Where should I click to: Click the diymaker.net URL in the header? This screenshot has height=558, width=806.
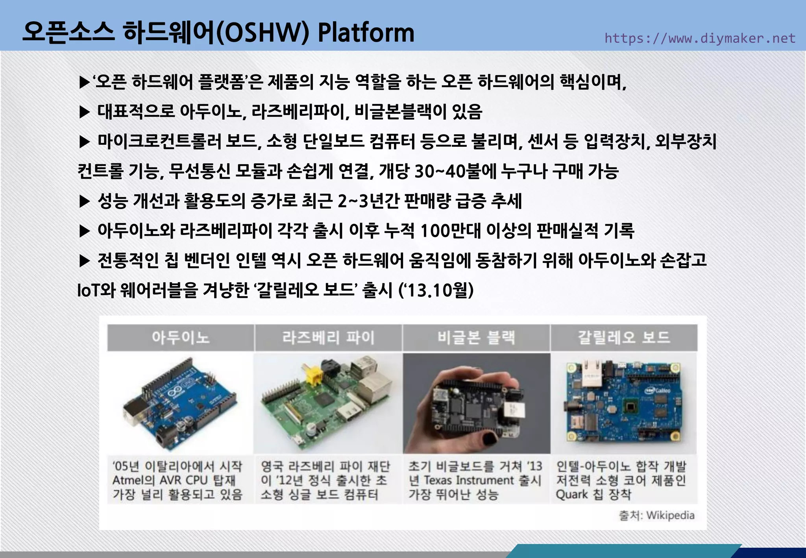(x=700, y=38)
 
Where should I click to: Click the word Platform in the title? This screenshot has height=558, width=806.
(x=366, y=33)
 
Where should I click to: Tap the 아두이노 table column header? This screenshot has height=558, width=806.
(x=181, y=337)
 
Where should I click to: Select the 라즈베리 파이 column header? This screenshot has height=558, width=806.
(x=328, y=337)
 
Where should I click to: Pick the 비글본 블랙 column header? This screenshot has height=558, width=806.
(x=476, y=337)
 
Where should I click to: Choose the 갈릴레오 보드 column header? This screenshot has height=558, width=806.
(x=624, y=337)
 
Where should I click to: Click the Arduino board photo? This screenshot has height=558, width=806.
(x=181, y=403)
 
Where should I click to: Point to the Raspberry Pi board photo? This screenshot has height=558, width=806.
(x=328, y=403)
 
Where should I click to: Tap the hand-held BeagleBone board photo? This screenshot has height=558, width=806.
(x=476, y=403)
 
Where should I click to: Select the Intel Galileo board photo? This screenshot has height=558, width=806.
(x=624, y=403)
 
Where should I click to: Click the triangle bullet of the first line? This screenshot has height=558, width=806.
(x=84, y=83)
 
